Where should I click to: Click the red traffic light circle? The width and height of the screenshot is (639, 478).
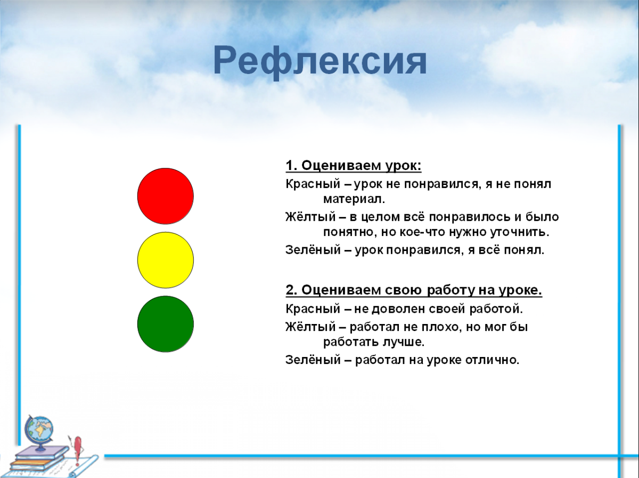(165, 196)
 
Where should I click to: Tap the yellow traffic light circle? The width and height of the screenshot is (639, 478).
(165, 260)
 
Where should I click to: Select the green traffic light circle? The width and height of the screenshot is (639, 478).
(165, 324)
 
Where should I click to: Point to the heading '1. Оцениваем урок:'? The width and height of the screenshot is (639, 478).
(353, 166)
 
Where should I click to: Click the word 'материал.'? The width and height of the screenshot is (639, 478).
(353, 199)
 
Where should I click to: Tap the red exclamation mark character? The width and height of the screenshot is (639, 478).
(78, 448)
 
